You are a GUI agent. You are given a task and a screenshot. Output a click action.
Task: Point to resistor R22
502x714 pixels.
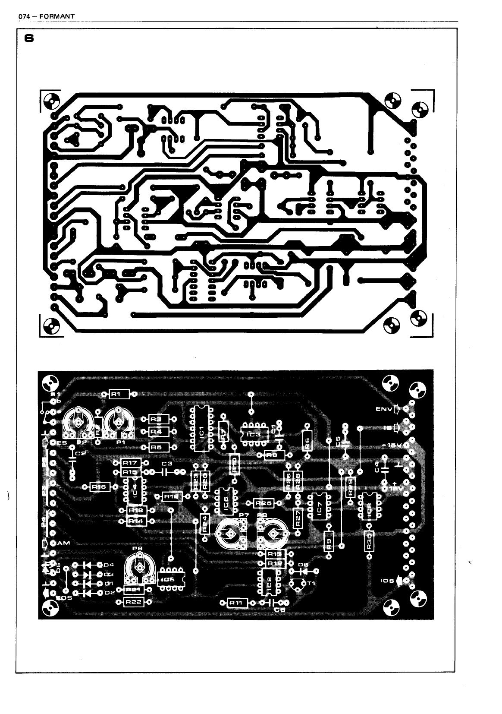(133, 602)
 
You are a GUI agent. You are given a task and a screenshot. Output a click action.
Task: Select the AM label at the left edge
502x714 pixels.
(63, 543)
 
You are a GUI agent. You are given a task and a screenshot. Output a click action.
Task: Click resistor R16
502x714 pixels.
(99, 487)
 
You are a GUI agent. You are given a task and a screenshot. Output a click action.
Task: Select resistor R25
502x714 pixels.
(263, 503)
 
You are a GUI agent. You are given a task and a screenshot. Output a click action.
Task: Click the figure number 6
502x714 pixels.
(29, 38)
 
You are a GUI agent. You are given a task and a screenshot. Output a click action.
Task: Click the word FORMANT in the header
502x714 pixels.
(60, 16)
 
